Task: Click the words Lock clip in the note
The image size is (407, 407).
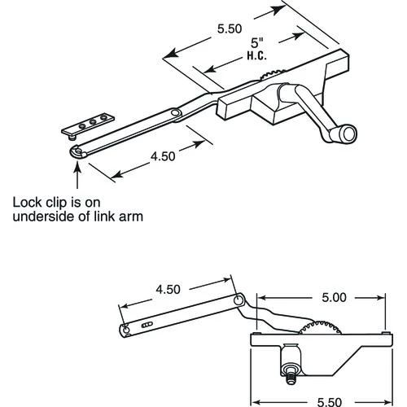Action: [x=39, y=201]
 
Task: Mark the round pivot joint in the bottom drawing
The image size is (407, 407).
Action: [x=239, y=301]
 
